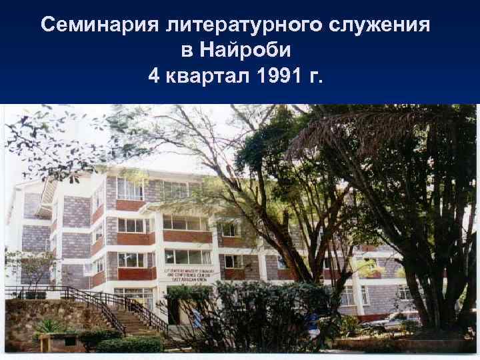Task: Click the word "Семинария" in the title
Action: tap(99, 25)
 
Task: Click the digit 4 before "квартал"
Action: tap(154, 76)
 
